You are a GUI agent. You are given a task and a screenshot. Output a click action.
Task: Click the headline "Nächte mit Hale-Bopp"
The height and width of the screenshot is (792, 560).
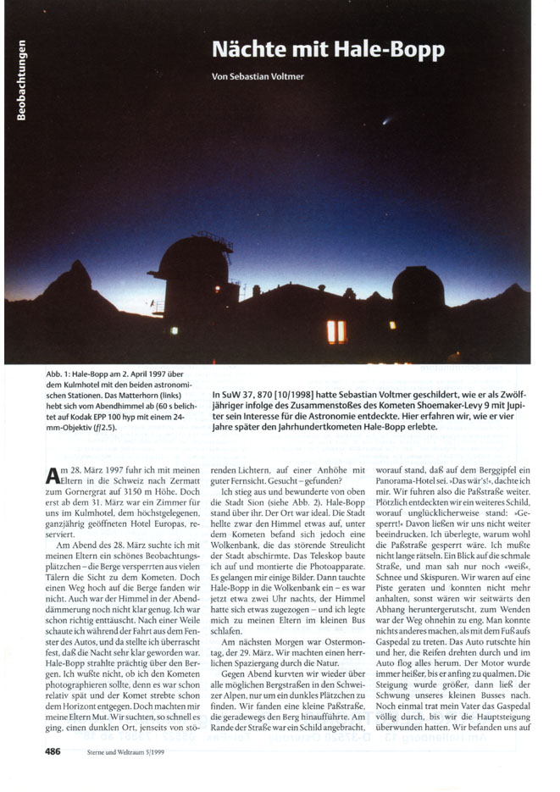[328, 49]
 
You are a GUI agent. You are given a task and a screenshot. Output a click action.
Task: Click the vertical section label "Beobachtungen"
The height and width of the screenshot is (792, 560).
[19, 80]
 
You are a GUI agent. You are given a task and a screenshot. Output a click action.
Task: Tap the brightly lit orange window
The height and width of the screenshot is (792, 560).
[336, 331]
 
